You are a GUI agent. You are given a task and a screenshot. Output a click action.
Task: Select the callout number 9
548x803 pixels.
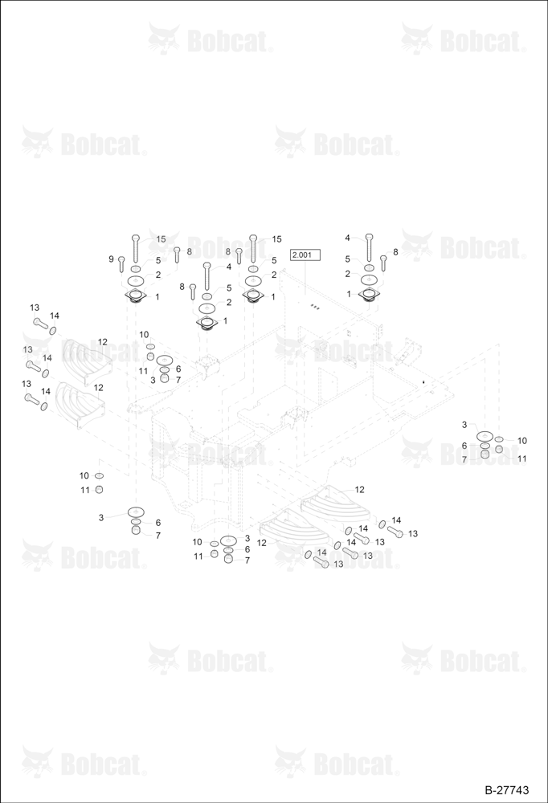click(111, 259)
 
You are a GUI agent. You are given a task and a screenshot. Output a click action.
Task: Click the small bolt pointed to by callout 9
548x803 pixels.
click(121, 264)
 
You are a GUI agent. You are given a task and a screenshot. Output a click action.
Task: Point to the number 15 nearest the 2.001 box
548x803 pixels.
click(277, 239)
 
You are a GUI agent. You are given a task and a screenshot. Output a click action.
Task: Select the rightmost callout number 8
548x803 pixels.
click(395, 252)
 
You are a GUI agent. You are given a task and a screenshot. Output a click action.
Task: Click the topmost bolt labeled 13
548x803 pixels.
click(40, 323)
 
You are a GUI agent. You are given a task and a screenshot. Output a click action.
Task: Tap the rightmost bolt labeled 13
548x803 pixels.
click(396, 532)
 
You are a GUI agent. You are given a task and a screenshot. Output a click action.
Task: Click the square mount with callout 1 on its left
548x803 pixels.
click(369, 295)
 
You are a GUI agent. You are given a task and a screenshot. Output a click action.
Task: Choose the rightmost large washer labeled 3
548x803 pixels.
click(484, 436)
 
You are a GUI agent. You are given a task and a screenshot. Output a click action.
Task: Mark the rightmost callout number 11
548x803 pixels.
click(521, 459)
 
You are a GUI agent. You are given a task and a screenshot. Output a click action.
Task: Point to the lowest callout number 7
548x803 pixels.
click(247, 560)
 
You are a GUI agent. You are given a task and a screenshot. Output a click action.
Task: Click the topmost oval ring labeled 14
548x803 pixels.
click(53, 329)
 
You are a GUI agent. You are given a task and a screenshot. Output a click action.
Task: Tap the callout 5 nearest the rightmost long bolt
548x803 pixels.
click(348, 259)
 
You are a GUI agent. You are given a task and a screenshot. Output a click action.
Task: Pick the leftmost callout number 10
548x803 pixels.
click(84, 475)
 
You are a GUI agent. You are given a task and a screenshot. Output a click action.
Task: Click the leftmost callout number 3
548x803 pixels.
click(101, 518)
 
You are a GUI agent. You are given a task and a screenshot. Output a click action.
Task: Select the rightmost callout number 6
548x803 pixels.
click(464, 446)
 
